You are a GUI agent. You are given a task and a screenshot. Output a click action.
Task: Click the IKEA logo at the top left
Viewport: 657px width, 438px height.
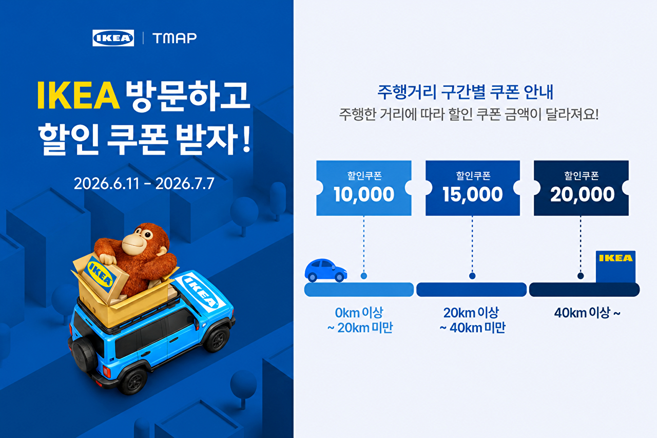(x=113, y=38)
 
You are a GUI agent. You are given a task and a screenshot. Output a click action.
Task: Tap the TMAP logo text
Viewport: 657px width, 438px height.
(x=175, y=38)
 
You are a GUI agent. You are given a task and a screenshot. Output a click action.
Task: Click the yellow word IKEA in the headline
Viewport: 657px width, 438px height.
(x=79, y=96)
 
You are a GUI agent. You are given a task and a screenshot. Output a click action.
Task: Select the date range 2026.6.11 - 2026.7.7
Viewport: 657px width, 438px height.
(x=144, y=183)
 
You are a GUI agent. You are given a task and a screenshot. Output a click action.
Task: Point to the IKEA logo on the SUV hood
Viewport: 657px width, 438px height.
(x=201, y=292)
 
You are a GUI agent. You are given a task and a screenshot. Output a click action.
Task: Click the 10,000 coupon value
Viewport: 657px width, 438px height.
(x=364, y=194)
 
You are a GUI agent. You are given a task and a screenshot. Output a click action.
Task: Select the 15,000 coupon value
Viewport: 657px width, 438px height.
(x=473, y=194)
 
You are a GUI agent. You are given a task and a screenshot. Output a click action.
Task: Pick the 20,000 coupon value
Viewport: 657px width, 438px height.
(x=582, y=194)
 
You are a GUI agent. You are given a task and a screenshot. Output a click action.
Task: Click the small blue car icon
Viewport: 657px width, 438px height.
(x=326, y=271)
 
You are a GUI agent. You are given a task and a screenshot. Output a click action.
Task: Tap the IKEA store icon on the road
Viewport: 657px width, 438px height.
(x=615, y=266)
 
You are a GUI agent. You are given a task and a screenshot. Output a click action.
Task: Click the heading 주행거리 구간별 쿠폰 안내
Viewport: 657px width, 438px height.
(x=465, y=92)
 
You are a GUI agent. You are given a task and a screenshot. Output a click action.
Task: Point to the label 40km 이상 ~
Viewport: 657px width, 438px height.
(x=587, y=313)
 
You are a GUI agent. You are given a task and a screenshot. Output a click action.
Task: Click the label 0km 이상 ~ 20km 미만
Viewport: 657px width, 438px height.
(x=360, y=320)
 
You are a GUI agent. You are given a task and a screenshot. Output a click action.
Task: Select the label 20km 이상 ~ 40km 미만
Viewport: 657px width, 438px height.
(x=472, y=320)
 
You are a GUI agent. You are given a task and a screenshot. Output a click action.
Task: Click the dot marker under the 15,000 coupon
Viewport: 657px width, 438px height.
(x=472, y=276)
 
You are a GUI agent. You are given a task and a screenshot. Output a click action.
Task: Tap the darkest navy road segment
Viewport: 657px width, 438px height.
(x=584, y=290)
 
